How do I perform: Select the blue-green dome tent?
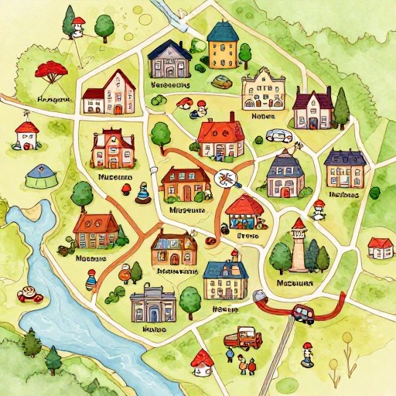[x=40, y=176]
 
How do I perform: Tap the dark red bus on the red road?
[x=302, y=313]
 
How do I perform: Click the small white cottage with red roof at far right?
[x=380, y=247]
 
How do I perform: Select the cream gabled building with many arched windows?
[x=263, y=90]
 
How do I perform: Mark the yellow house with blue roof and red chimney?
[x=225, y=279]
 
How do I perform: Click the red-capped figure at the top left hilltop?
[x=77, y=27]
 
